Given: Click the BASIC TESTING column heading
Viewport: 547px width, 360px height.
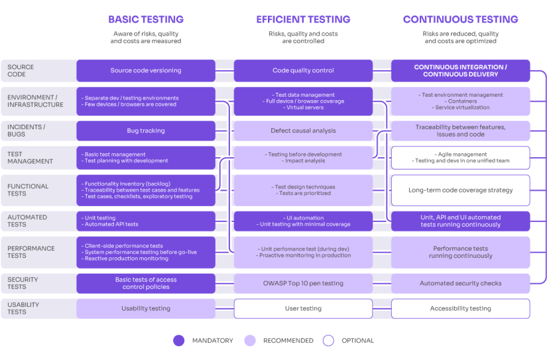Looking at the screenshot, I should pyautogui.click(x=146, y=19).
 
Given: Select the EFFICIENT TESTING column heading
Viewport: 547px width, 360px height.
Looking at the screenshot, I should pyautogui.click(x=303, y=19).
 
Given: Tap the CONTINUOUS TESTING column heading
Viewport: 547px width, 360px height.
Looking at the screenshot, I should pyautogui.click(x=460, y=19).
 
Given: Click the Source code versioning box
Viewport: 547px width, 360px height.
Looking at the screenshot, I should pyautogui.click(x=146, y=71).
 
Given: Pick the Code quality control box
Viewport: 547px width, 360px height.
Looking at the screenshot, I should pyautogui.click(x=303, y=71).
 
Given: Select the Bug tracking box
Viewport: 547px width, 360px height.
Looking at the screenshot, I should pyautogui.click(x=146, y=131).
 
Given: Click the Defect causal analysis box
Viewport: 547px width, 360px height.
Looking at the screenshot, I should pyautogui.click(x=303, y=131).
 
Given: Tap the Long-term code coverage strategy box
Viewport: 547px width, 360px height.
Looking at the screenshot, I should pyautogui.click(x=460, y=190).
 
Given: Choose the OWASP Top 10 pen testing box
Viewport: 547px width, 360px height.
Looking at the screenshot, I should pyautogui.click(x=303, y=283).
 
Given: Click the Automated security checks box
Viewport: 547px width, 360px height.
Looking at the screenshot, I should pyautogui.click(x=460, y=283).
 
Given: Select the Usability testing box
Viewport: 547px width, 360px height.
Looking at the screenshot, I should pyautogui.click(x=146, y=308).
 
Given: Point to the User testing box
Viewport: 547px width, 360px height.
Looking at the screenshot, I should pyautogui.click(x=303, y=308).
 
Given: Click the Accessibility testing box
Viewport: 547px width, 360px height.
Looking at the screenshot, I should pyautogui.click(x=460, y=308).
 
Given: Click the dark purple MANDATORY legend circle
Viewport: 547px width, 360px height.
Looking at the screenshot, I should pyautogui.click(x=178, y=340).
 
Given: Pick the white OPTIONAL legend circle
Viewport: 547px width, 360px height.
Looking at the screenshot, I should pyautogui.click(x=328, y=340).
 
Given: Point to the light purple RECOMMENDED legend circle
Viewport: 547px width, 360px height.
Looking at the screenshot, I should pyautogui.click(x=249, y=340).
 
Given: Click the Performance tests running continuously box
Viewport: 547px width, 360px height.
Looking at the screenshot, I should pyautogui.click(x=460, y=252).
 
